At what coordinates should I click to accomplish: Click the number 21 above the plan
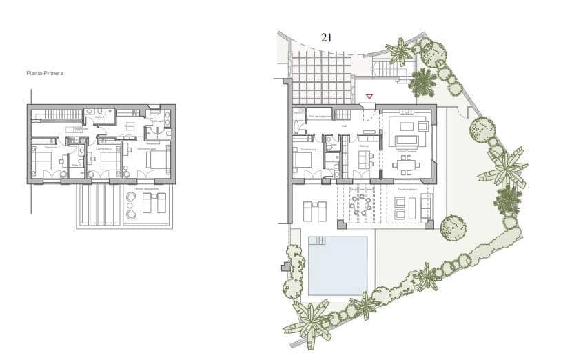pos(326,38)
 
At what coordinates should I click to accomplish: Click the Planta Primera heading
pos(45,72)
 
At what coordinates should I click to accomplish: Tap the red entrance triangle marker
pos(369,97)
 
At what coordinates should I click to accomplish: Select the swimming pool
pos(338,266)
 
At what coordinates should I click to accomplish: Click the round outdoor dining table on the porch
pos(360,204)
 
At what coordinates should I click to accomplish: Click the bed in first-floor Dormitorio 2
pos(109,160)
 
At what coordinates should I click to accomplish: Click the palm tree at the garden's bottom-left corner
pos(310,320)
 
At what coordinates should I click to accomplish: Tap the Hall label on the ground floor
pos(344,126)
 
